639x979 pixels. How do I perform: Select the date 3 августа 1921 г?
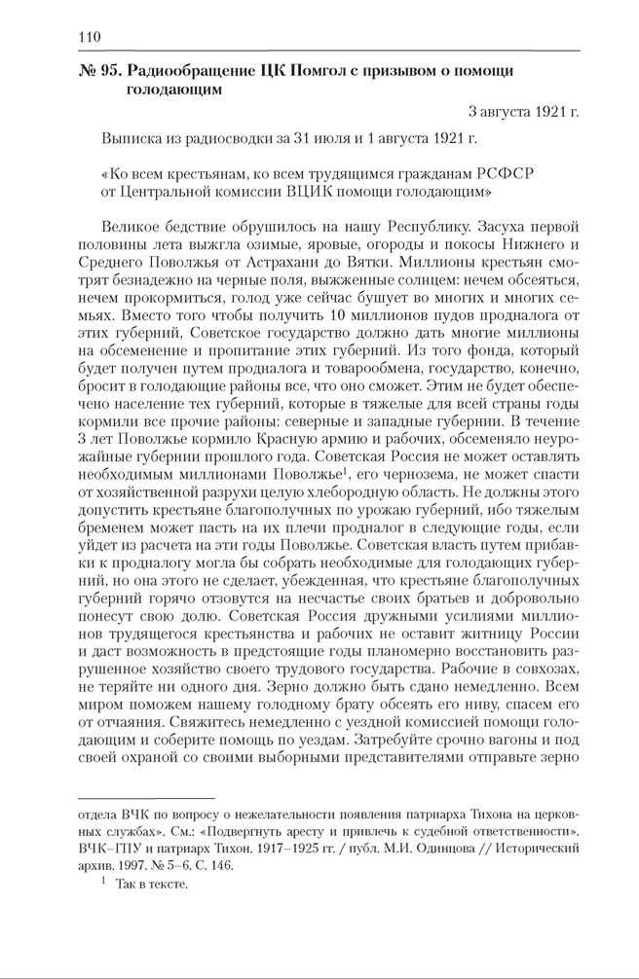point(522,111)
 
